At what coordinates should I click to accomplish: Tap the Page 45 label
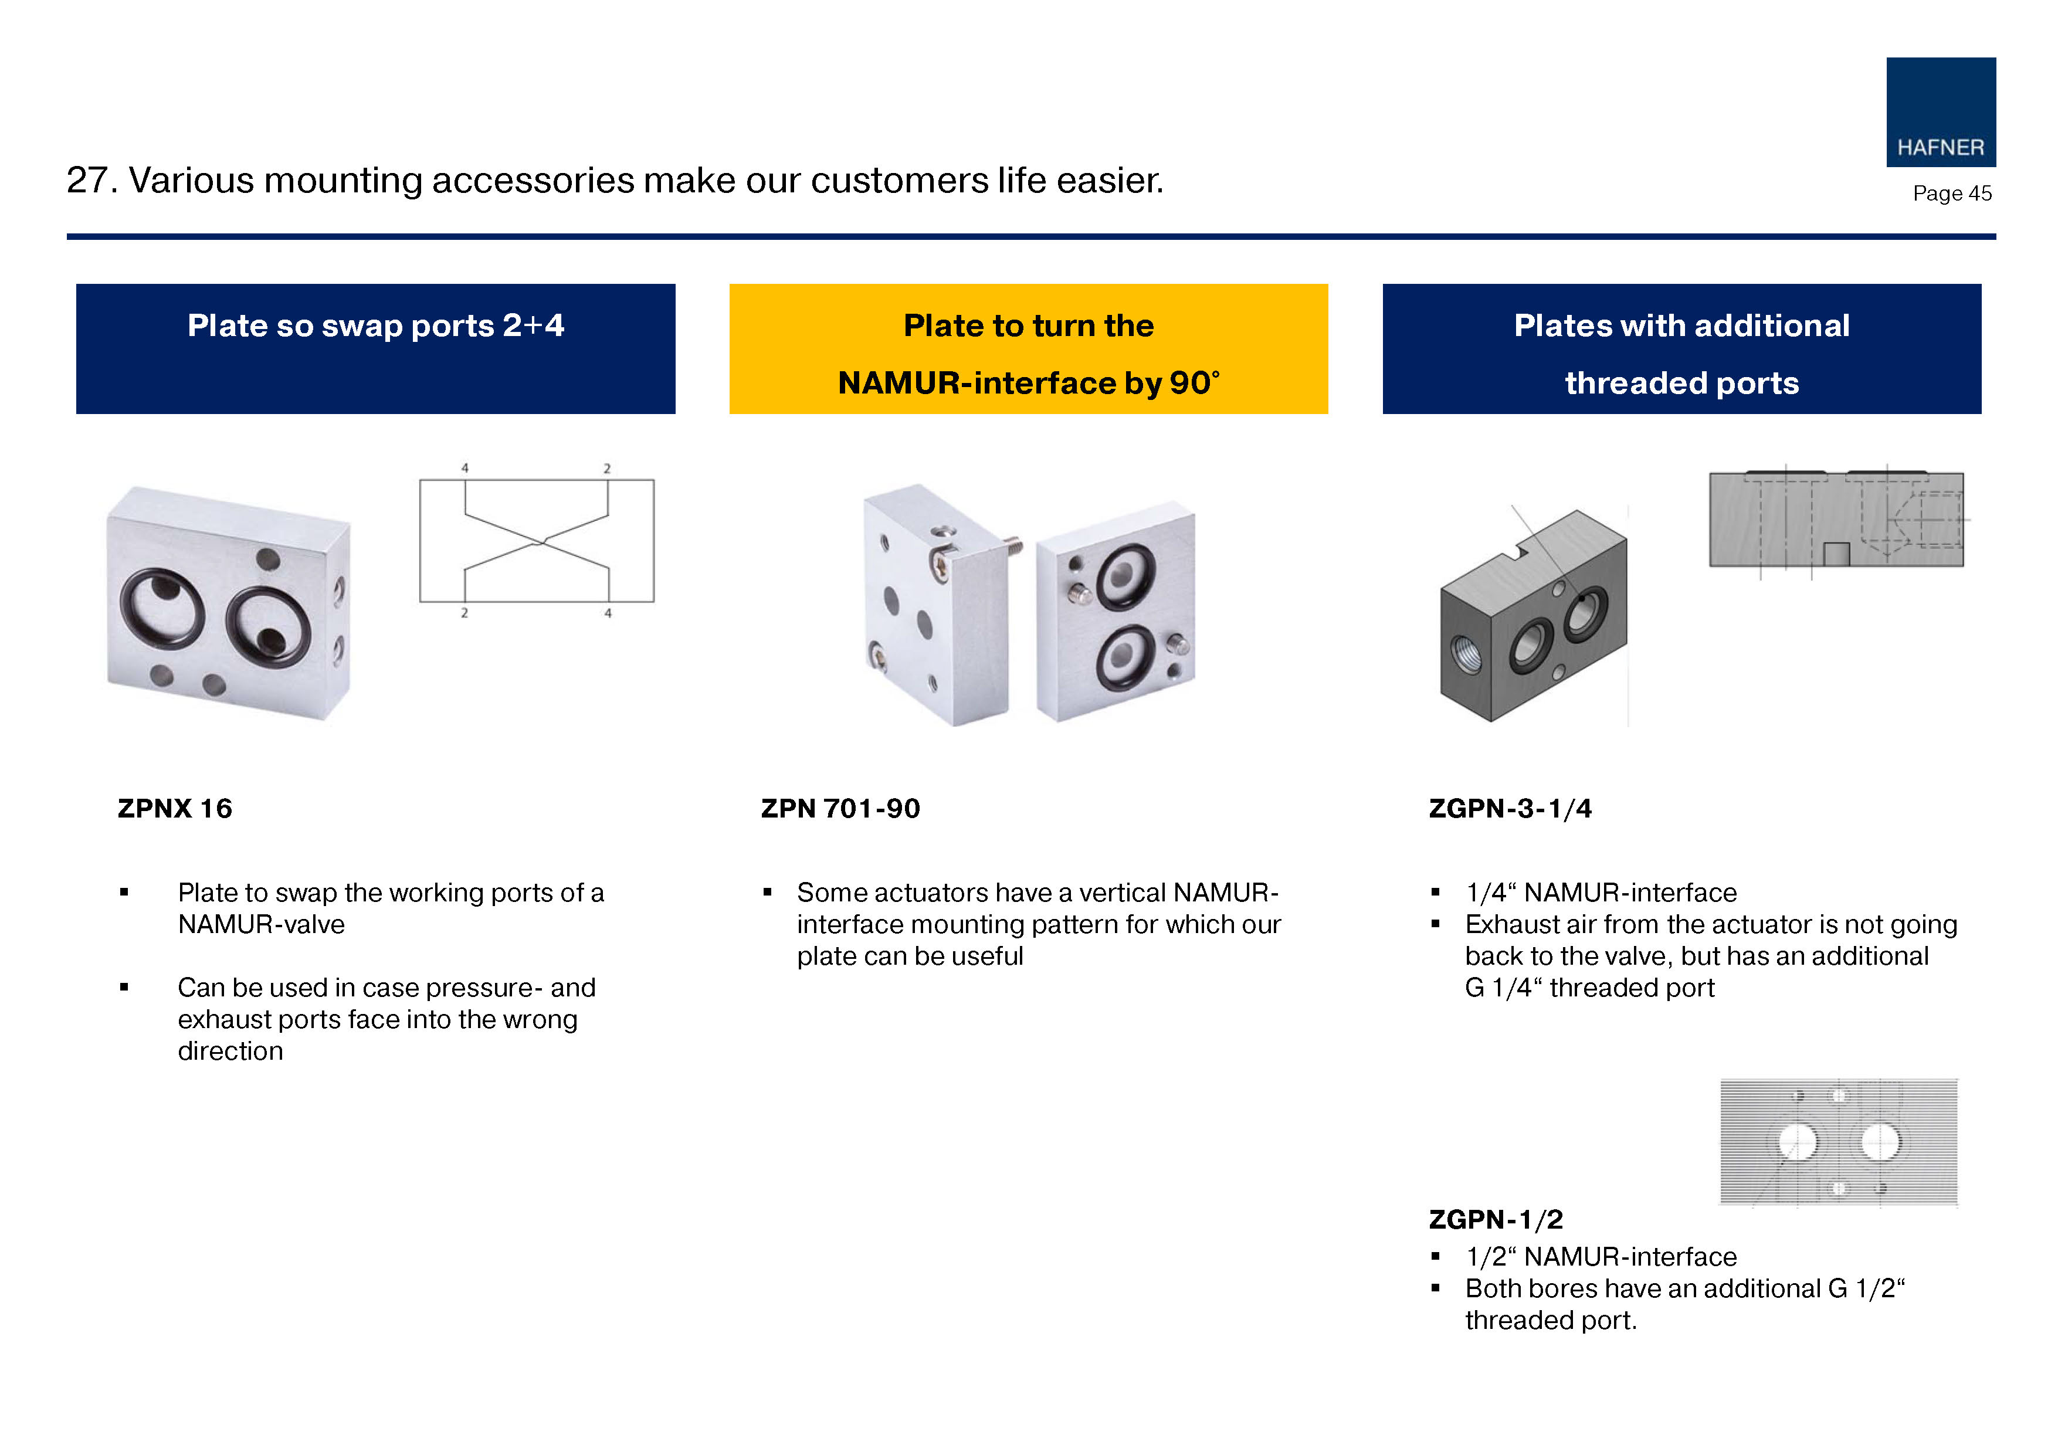click(x=1951, y=194)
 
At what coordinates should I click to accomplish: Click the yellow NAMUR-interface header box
click(x=1028, y=349)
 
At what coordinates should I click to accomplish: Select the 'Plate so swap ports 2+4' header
click(x=375, y=349)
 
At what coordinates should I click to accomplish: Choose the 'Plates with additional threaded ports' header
click(x=1681, y=349)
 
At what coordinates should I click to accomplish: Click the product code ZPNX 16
click(x=175, y=809)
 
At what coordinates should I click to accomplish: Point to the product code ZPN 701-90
click(x=840, y=809)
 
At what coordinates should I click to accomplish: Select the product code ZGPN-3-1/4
click(x=1510, y=809)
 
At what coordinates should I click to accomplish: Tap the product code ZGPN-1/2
click(x=1495, y=1219)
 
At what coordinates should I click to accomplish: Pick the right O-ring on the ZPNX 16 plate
click(x=268, y=633)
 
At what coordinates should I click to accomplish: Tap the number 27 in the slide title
click(x=86, y=180)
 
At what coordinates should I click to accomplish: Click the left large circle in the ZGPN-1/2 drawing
click(x=1796, y=1142)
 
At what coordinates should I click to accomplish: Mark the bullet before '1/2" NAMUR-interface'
click(x=1435, y=1257)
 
